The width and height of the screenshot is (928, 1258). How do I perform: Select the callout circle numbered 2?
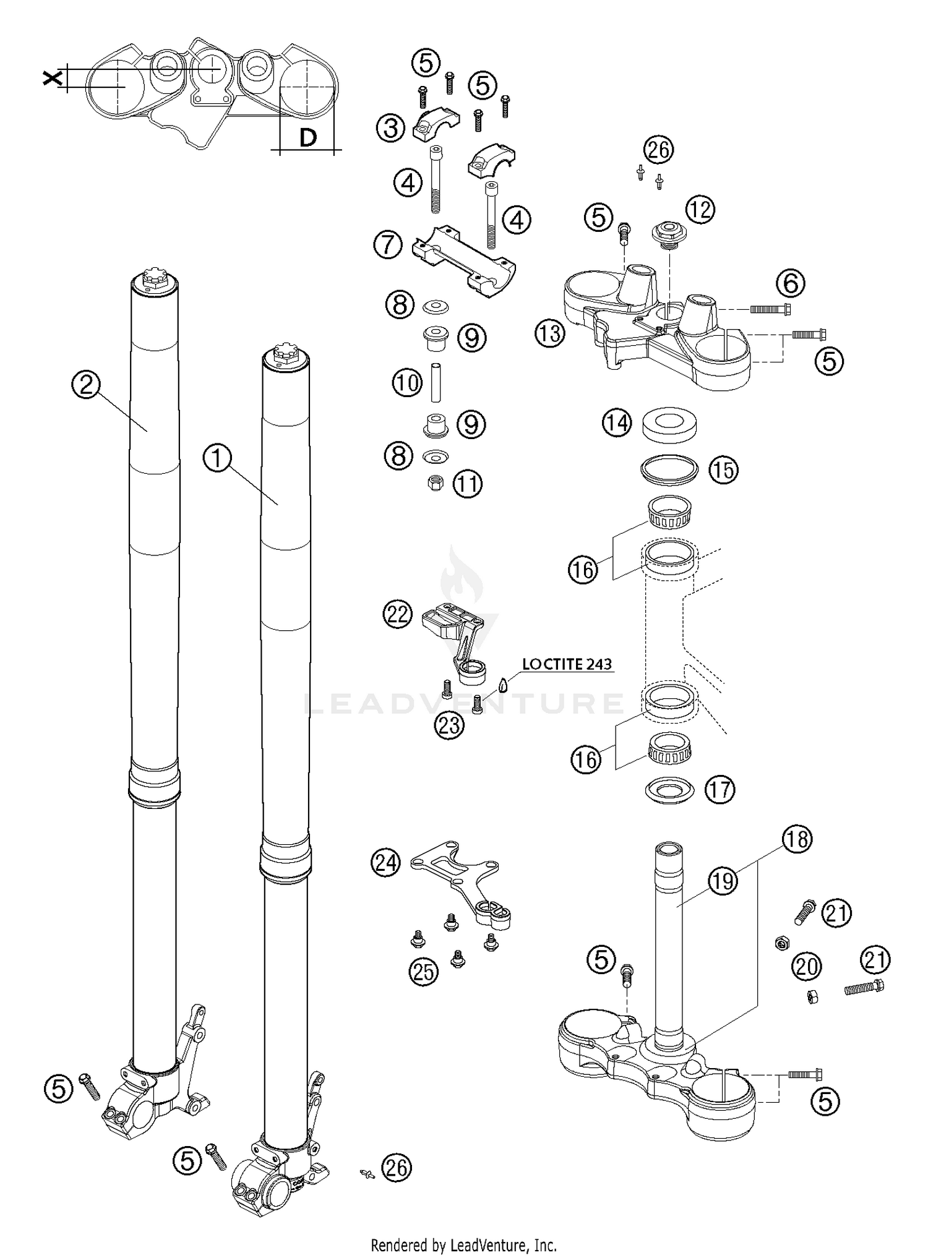pyautogui.click(x=86, y=385)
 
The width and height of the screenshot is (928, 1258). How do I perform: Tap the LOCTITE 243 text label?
pyautogui.click(x=567, y=664)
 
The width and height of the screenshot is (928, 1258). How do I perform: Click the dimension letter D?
pyautogui.click(x=307, y=137)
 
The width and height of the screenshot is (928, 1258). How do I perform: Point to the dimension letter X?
pyautogui.click(x=53, y=78)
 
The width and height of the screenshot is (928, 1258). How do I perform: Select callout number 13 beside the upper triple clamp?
pyautogui.click(x=550, y=334)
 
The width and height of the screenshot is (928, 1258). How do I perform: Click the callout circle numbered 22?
pyautogui.click(x=397, y=615)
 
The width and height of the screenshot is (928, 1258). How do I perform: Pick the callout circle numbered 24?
pyautogui.click(x=385, y=862)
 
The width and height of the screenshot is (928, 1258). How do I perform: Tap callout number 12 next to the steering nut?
pyautogui.click(x=700, y=210)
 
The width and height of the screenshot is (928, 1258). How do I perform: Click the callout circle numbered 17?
pyautogui.click(x=720, y=790)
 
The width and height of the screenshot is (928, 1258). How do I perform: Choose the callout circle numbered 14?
pyautogui.click(x=617, y=424)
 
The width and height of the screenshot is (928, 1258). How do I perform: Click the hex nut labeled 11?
pyautogui.click(x=436, y=484)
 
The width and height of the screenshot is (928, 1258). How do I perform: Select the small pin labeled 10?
pyautogui.click(x=436, y=382)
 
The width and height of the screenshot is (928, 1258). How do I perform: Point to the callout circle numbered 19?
pyautogui.click(x=723, y=881)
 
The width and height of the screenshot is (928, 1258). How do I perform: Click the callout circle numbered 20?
pyautogui.click(x=807, y=966)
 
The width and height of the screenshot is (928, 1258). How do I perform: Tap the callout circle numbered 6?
pyautogui.click(x=790, y=283)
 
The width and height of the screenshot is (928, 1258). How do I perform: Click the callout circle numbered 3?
pyautogui.click(x=390, y=129)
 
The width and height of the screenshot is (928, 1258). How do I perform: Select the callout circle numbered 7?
pyautogui.click(x=388, y=245)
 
